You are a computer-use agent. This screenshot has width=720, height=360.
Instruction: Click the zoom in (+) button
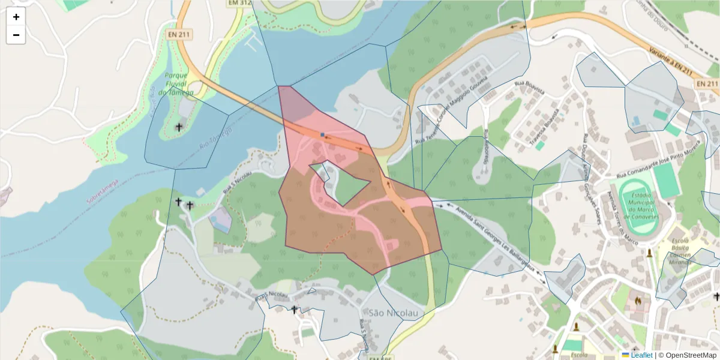(16, 17)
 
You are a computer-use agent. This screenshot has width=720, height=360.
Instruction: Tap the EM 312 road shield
(239, 3)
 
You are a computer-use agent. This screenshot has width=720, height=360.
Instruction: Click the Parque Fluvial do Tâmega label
(176, 84)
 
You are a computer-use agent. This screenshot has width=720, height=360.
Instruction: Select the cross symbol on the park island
(179, 127)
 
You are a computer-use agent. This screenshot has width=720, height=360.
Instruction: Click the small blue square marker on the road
(322, 134)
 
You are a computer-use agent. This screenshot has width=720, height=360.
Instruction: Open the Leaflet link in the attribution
(641, 355)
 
